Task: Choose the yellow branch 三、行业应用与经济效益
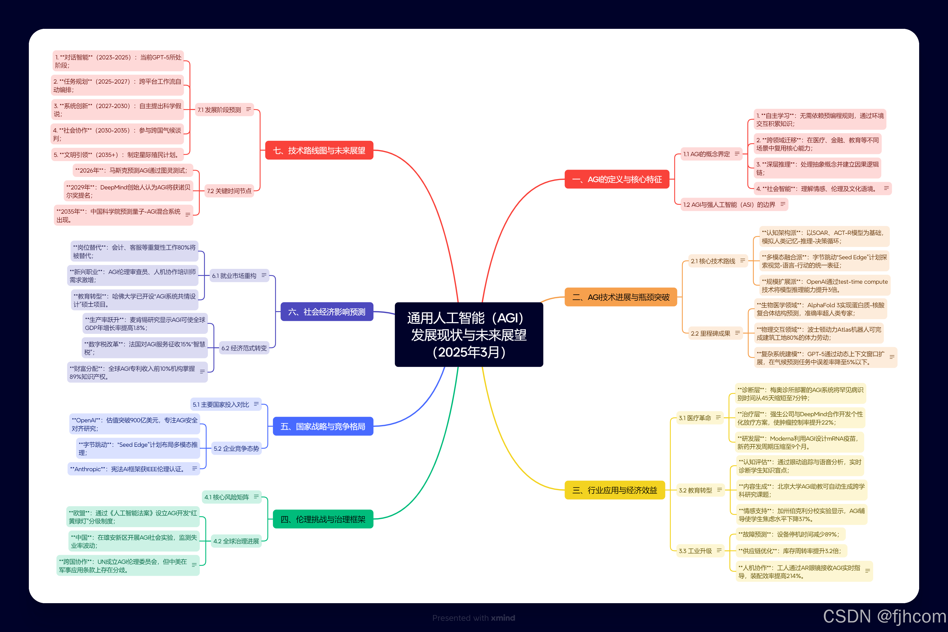[x=614, y=490]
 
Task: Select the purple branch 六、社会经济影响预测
[x=327, y=312]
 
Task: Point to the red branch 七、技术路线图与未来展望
[x=319, y=150]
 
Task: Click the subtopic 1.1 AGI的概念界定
[x=706, y=154]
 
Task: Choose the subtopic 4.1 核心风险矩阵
[x=227, y=497]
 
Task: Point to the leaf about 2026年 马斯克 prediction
[x=133, y=171]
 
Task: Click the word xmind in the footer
[x=503, y=618]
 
